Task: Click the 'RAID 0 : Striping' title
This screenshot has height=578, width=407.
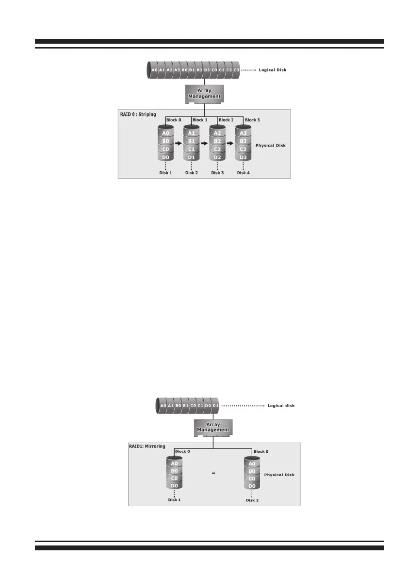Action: point(138,115)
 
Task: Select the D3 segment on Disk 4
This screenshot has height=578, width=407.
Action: point(244,157)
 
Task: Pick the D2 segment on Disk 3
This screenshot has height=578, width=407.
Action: point(217,157)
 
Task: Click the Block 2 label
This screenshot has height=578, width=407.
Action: point(227,120)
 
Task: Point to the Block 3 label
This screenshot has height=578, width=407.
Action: point(253,120)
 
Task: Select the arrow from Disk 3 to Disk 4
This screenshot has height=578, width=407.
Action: point(229,144)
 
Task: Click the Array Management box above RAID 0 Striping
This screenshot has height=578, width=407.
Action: point(204,93)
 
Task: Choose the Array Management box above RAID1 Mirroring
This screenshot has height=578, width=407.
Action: point(212,427)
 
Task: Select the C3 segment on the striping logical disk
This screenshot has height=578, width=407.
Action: point(236,70)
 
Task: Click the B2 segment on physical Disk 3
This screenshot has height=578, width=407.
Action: point(217,141)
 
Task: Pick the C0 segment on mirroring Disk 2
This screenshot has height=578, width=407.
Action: point(252,478)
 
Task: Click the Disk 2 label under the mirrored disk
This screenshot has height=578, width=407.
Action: point(252,500)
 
